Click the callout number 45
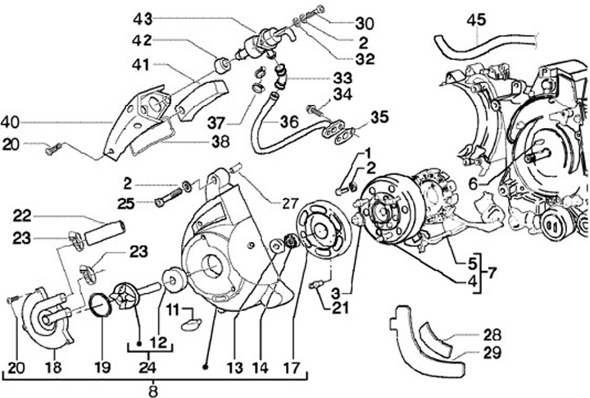click(476, 20)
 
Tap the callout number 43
click(143, 19)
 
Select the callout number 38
click(220, 142)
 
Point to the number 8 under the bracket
click(152, 391)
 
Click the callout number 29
click(492, 353)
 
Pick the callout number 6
click(473, 185)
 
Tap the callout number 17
click(292, 368)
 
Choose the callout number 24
click(147, 367)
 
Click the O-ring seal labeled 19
click(101, 305)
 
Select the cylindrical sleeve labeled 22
click(106, 232)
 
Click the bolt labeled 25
click(168, 196)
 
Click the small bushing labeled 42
click(221, 65)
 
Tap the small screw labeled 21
click(315, 286)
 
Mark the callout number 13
click(235, 368)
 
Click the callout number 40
click(11, 122)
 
